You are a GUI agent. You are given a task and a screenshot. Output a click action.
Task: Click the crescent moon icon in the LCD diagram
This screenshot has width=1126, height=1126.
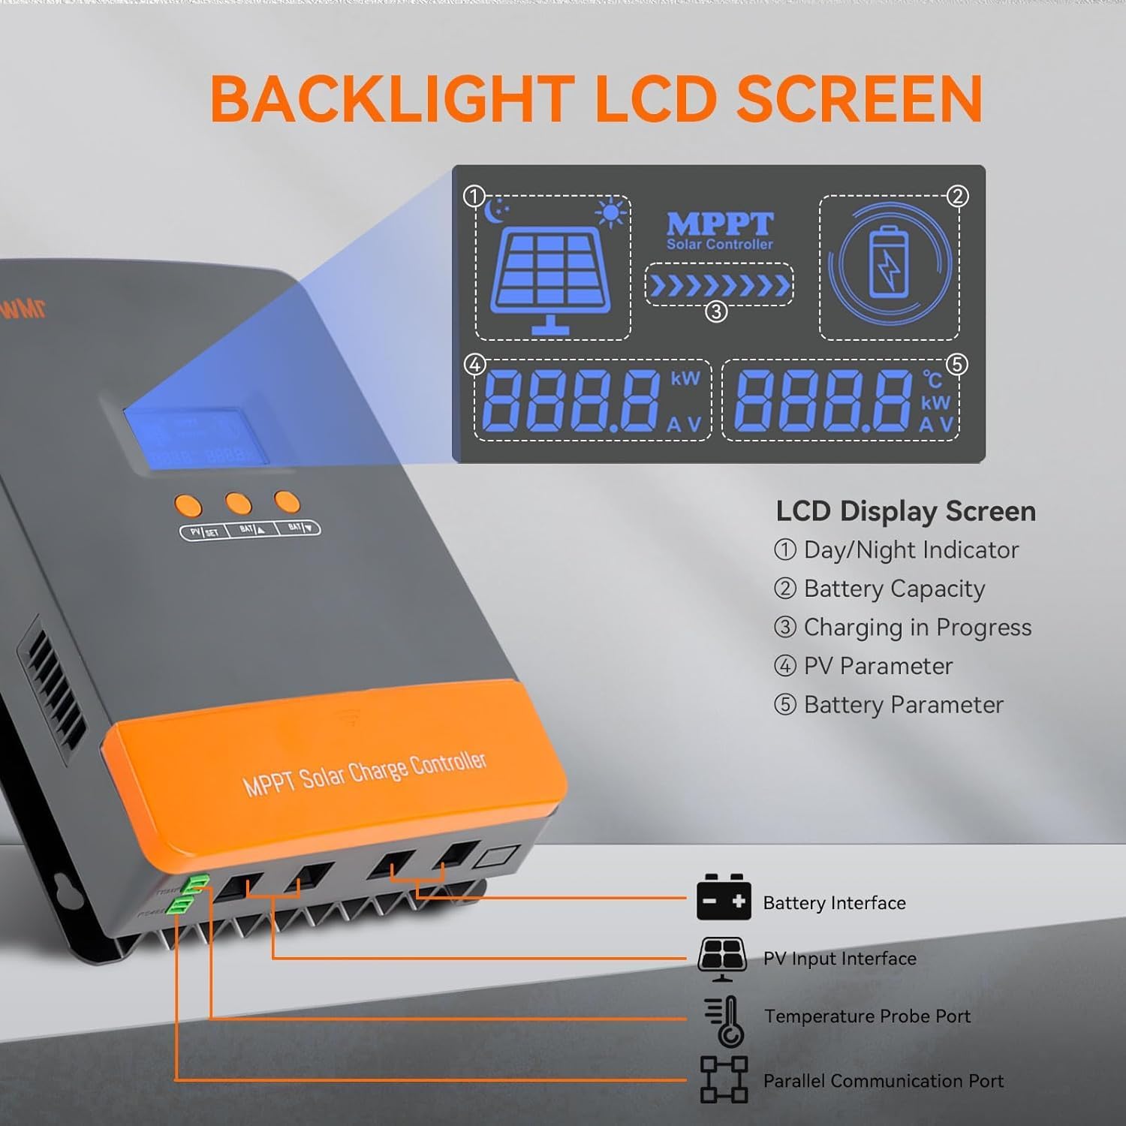(x=495, y=211)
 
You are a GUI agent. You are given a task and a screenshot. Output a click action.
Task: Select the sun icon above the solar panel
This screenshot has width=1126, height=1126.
(x=610, y=212)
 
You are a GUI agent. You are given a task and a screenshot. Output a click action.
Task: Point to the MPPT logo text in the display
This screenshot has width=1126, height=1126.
(x=719, y=224)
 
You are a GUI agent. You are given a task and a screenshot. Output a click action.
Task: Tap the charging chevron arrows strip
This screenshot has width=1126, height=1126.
(x=719, y=285)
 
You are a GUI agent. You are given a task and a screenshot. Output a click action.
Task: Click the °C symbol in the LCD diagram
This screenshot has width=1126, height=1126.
(x=932, y=379)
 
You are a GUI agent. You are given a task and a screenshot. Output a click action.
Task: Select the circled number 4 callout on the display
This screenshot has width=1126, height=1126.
(x=474, y=365)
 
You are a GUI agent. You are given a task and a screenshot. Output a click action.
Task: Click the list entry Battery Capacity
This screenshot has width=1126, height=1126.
(x=893, y=589)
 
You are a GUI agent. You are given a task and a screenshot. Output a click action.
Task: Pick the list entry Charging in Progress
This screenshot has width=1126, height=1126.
(x=917, y=628)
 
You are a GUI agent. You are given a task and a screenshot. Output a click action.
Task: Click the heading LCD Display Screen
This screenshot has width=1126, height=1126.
(x=905, y=511)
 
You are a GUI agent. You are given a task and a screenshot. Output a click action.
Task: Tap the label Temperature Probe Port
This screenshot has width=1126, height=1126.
(x=867, y=1016)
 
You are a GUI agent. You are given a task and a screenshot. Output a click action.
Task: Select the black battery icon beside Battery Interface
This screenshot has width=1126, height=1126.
(x=723, y=898)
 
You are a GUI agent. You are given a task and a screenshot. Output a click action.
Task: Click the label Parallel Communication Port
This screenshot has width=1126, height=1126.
(x=883, y=1081)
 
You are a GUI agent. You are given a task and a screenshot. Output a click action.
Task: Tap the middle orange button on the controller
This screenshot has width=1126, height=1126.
(x=239, y=503)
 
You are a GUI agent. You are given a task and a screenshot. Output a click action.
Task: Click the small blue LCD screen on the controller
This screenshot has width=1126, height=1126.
(x=196, y=439)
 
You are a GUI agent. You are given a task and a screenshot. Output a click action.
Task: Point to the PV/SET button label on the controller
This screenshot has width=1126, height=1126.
(x=205, y=532)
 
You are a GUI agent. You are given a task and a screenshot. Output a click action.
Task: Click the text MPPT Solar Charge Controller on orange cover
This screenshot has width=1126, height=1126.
(x=365, y=773)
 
